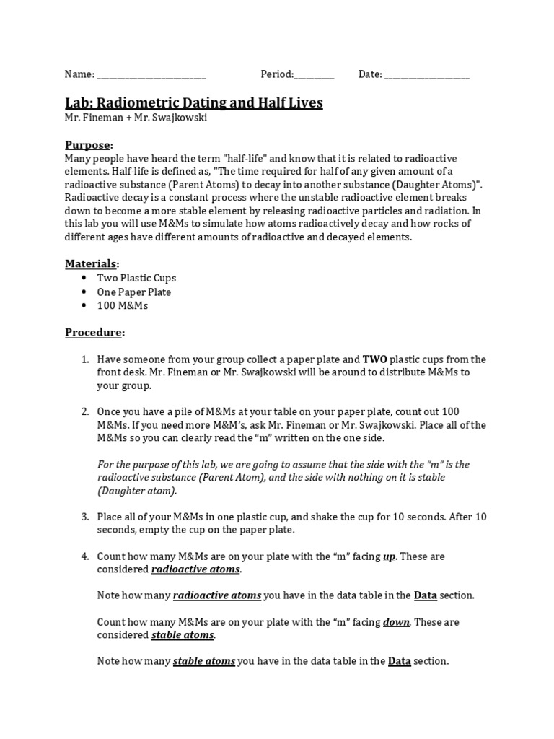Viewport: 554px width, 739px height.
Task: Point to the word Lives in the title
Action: coord(302,103)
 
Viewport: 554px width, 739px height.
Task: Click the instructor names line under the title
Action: coord(136,118)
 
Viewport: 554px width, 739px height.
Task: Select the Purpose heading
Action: coord(88,144)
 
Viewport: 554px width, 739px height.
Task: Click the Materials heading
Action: coord(92,263)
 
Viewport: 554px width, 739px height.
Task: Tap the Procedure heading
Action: coord(94,333)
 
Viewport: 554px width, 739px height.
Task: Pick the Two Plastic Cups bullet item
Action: coord(136,278)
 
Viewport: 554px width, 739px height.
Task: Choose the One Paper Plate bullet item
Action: coord(134,292)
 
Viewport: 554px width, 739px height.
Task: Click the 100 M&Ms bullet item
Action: coord(123,306)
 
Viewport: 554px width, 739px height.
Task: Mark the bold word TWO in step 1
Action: coord(375,359)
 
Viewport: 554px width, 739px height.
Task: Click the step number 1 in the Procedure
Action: coord(84,359)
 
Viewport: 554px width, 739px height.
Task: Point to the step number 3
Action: coord(84,517)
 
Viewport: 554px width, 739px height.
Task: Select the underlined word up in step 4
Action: coord(389,556)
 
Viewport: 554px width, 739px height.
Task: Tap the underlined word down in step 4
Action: coord(396,622)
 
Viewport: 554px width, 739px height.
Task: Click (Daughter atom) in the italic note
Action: coord(136,491)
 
